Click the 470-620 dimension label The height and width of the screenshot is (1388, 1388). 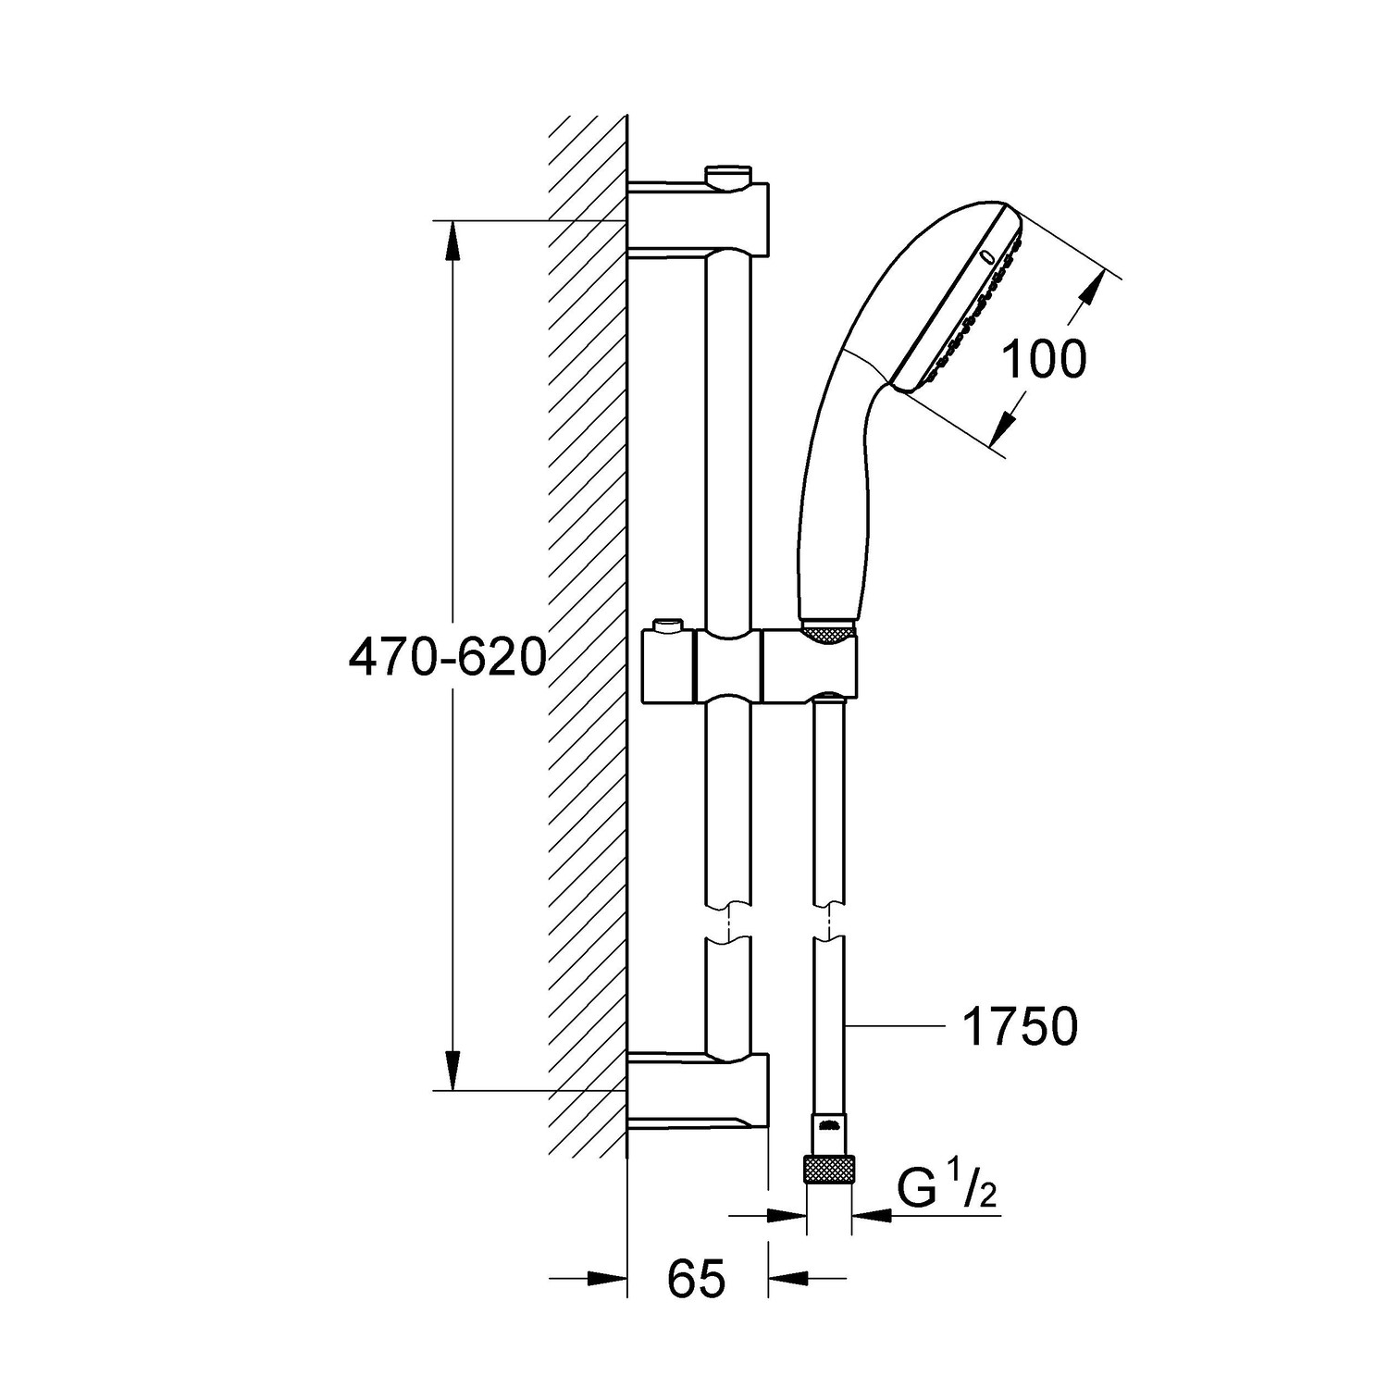447,659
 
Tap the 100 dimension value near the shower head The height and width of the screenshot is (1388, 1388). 1044,360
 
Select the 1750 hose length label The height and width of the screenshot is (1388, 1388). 1020,1027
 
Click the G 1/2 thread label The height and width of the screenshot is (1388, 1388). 946,1191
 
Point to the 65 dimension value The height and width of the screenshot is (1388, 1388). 696,1280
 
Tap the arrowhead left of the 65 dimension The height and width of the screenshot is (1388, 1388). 607,1279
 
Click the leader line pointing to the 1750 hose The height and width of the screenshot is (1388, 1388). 893,1025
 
